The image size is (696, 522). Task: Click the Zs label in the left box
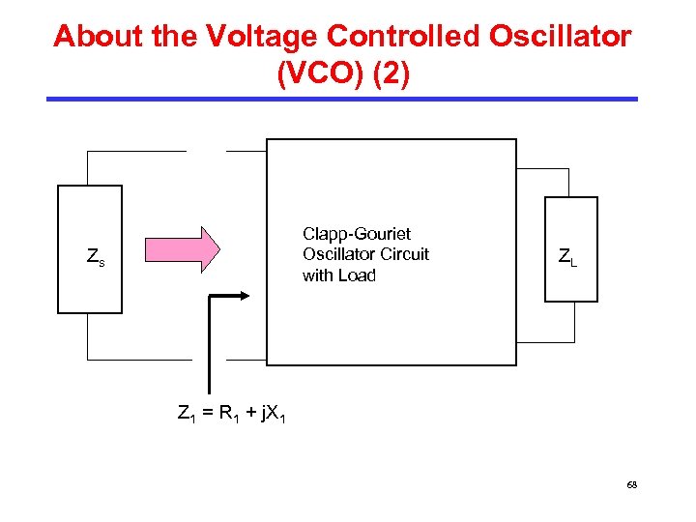click(x=96, y=257)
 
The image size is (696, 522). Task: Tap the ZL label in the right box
click(x=567, y=257)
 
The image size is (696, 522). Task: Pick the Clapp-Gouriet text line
click(x=357, y=234)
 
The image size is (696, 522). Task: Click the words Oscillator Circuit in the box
click(x=365, y=254)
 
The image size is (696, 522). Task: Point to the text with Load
click(x=338, y=275)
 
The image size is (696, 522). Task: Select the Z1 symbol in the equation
click(x=186, y=415)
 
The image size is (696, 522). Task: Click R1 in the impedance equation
click(x=228, y=415)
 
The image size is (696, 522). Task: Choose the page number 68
click(x=631, y=484)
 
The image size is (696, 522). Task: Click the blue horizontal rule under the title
click(x=343, y=99)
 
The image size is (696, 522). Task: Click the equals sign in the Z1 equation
click(x=206, y=415)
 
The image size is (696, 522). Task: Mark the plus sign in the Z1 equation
click(x=249, y=415)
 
